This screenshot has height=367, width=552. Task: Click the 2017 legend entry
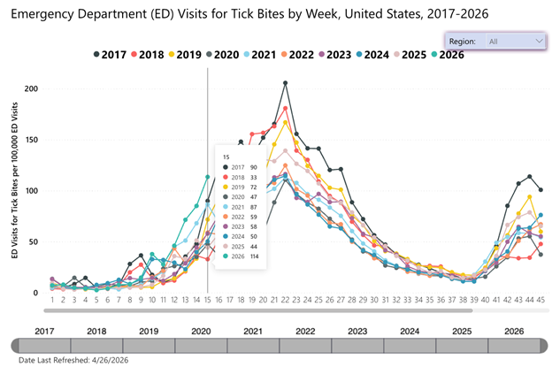(x=111, y=55)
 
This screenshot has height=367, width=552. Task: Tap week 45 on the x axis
(x=540, y=301)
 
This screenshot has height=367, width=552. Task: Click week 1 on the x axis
(x=52, y=301)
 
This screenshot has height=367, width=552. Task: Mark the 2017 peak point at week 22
(x=286, y=83)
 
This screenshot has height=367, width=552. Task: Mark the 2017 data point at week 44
(x=529, y=177)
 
